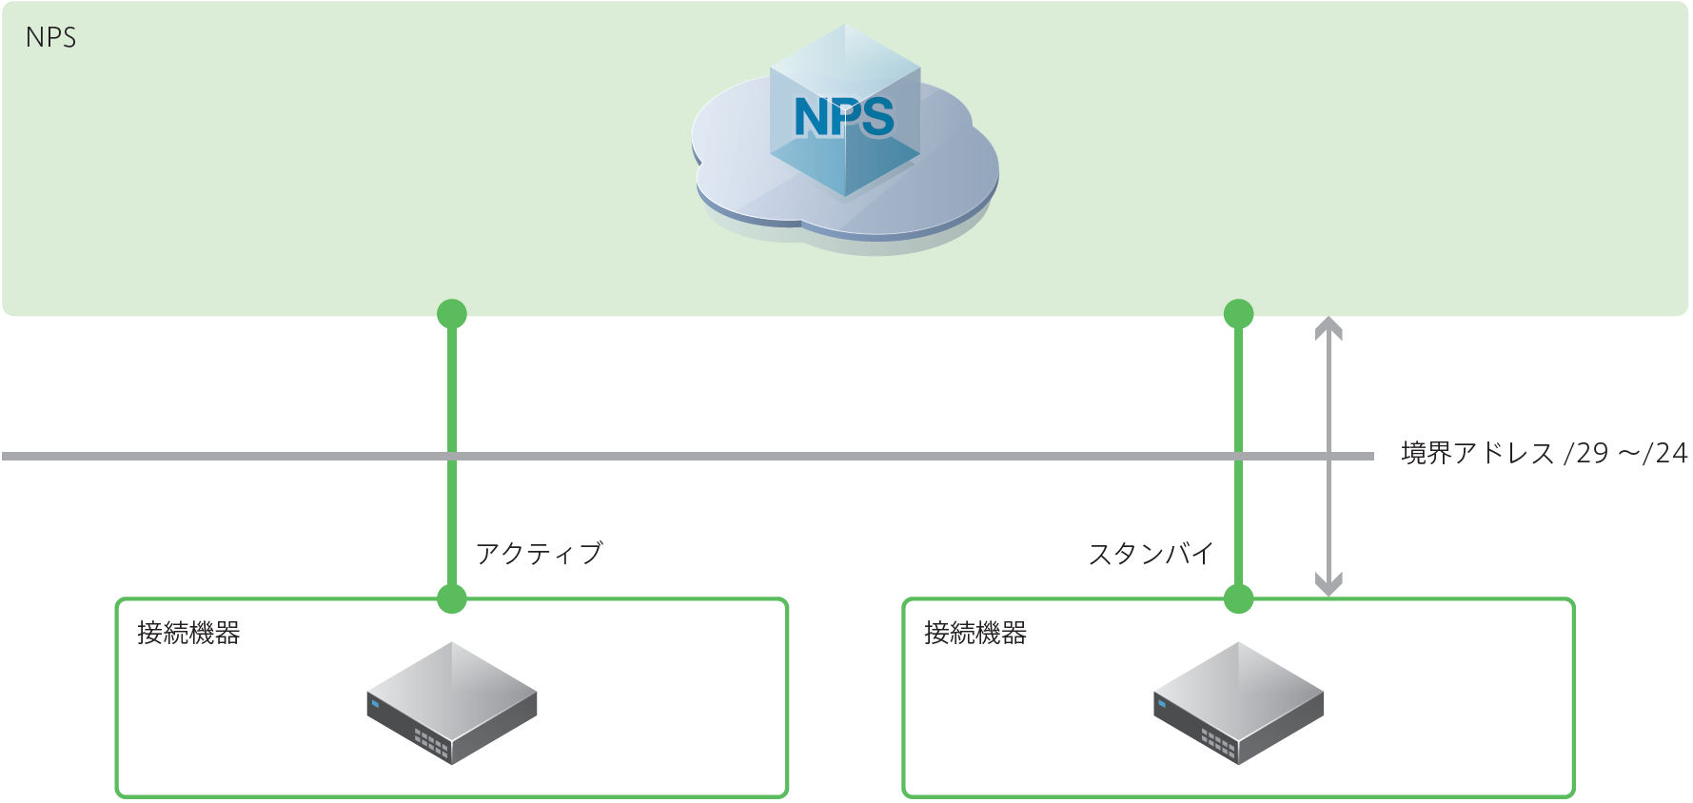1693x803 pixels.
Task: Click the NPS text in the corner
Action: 50,38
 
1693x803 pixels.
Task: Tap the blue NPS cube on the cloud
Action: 845,119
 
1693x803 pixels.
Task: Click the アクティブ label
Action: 540,553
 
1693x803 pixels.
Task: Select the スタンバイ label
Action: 1151,553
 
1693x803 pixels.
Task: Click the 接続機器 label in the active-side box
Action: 188,633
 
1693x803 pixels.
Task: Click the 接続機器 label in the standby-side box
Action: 975,633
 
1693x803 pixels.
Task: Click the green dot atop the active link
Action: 452,313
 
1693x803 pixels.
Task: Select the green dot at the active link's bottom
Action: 452,598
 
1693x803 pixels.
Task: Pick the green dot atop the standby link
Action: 1238,313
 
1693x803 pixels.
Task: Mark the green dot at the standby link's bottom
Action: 1238,598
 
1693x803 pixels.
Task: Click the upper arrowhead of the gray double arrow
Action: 1329,327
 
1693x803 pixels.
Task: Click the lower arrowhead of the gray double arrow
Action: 1329,584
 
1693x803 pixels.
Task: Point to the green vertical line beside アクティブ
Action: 452,514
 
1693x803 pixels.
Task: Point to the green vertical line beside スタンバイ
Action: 1238,514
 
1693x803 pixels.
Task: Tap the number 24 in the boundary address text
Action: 1672,453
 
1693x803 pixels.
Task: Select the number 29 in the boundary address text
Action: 1592,453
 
